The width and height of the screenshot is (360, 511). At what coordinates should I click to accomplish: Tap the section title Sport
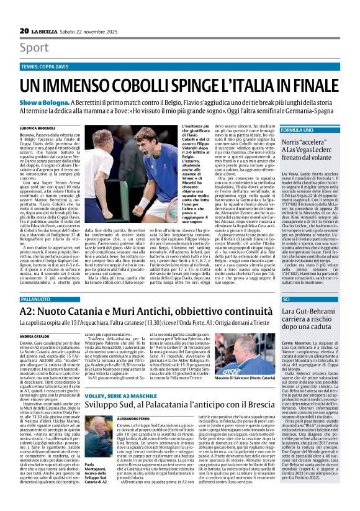pos(34,47)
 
